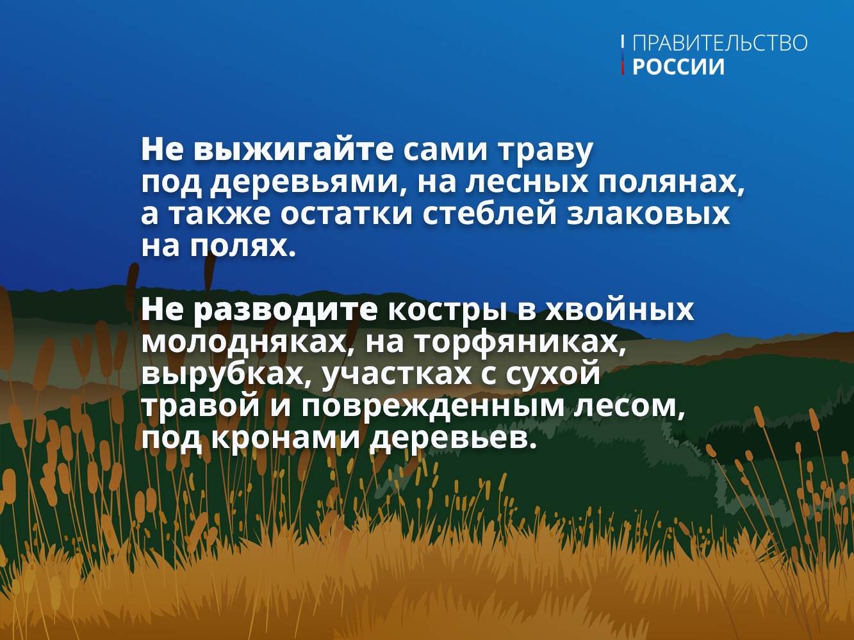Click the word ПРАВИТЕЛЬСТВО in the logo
click(x=719, y=43)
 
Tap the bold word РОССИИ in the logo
click(x=678, y=67)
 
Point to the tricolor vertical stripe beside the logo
click(x=623, y=55)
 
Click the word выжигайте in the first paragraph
click(x=294, y=151)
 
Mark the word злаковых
click(x=648, y=214)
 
